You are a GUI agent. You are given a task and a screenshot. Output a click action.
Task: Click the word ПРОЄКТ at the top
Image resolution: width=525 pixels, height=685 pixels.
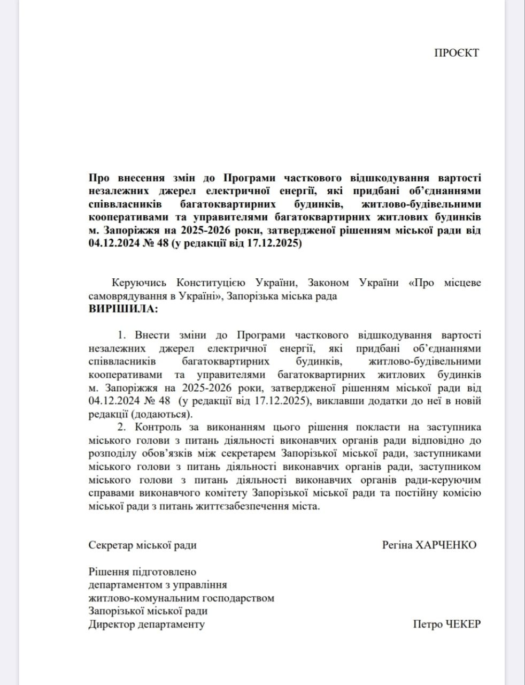(456, 52)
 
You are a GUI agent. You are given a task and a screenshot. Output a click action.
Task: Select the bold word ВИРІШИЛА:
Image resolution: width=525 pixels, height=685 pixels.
(123, 309)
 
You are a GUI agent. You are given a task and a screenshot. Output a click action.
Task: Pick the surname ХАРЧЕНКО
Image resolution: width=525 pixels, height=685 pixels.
(444, 545)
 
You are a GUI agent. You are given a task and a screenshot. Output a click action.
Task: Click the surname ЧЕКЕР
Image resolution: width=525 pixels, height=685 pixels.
(462, 624)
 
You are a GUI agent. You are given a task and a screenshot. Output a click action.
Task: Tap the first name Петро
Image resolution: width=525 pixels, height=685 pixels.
(428, 624)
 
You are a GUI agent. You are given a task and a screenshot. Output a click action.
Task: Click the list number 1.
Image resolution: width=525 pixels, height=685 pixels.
(121, 335)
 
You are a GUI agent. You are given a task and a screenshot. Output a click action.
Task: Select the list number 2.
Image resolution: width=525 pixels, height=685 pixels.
(121, 427)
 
